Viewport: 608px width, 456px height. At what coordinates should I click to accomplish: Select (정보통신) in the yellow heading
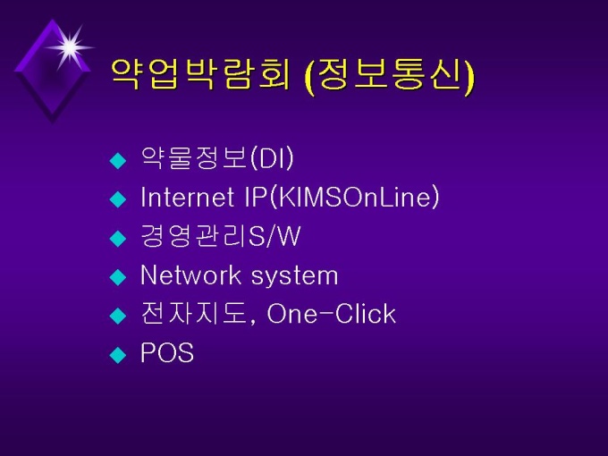coord(390,74)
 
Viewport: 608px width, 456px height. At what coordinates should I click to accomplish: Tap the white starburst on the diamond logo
coord(70,47)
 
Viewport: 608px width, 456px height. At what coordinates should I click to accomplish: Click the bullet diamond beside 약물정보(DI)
coord(118,161)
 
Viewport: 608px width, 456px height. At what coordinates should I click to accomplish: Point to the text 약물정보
coord(194,158)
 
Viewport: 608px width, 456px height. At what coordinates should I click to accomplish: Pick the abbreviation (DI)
coord(272,158)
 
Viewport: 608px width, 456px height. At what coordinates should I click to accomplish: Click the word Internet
coord(187,197)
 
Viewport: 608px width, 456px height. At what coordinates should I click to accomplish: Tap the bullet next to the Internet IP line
coord(118,199)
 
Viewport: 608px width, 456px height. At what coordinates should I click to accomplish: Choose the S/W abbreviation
coord(274,236)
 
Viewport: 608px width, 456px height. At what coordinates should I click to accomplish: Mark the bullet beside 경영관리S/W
coord(118,238)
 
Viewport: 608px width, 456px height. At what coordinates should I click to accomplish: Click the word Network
coord(190,274)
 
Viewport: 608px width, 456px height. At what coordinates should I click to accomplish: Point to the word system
coord(295,277)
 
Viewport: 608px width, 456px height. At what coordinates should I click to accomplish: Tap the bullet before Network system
coord(118,277)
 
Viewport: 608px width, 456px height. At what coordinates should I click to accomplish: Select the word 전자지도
coord(193,313)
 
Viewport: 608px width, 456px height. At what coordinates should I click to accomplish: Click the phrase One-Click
coord(332,314)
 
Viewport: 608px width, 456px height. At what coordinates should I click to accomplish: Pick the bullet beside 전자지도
coord(118,316)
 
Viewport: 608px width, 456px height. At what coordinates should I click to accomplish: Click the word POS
coord(167,352)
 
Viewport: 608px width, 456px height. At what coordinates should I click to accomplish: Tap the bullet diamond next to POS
coord(118,354)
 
